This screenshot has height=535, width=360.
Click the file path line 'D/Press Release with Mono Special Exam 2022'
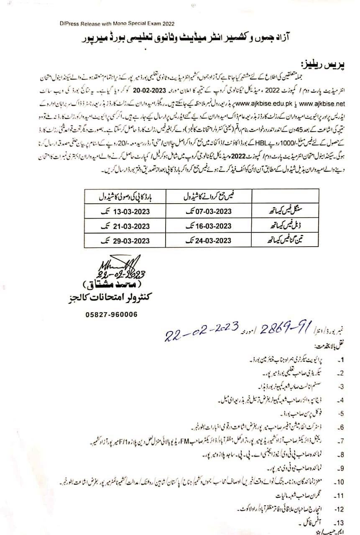(117, 25)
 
